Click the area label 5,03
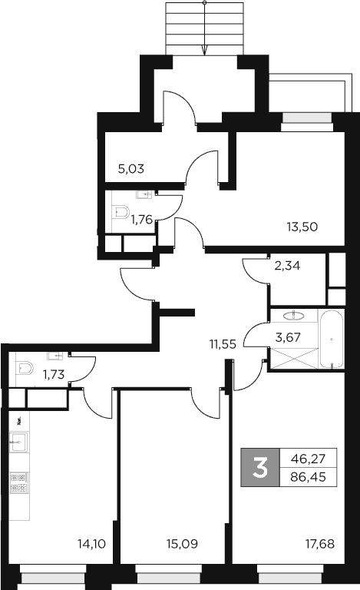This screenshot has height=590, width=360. tap(131, 167)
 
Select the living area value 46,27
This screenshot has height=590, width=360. tap(308, 459)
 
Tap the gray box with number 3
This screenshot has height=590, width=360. tap(260, 467)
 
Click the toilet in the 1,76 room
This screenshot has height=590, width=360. tap(121, 213)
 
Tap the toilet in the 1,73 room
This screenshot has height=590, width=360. tap(25, 369)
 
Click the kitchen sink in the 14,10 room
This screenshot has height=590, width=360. tap(19, 442)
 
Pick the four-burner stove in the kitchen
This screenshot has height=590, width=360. tap(19, 482)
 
